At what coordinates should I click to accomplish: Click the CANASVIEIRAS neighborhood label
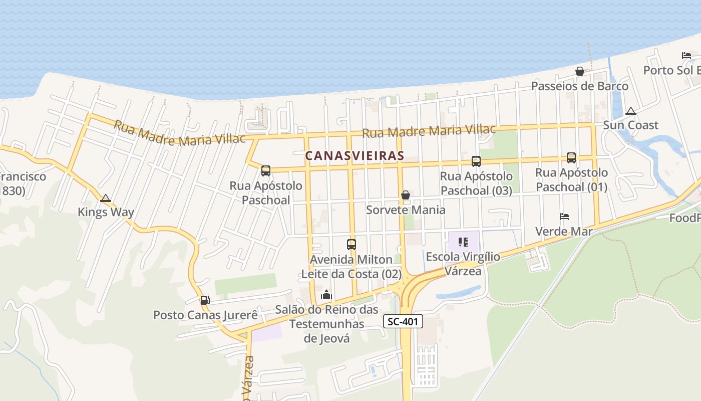coord(355,156)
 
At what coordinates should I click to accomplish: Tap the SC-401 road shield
coord(403,322)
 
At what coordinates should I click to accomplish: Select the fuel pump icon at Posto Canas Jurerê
coord(205,300)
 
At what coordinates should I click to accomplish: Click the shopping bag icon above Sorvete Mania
coord(406,194)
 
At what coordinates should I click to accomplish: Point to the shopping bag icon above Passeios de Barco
coord(580,71)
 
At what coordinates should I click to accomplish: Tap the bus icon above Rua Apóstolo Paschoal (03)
coord(476,161)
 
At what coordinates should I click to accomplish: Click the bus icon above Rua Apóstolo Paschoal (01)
coord(571,158)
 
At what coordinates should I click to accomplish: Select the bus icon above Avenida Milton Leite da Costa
coord(352,245)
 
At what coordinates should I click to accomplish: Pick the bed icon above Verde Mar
coord(564,217)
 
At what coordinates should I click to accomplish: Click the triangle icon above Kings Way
coord(105,198)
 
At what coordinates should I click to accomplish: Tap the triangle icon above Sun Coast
coord(631,111)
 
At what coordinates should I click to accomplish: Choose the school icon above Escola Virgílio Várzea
coord(463,242)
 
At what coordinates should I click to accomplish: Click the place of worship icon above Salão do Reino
coord(326,295)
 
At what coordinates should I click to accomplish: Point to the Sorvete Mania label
coord(406,210)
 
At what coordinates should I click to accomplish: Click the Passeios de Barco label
coord(579,86)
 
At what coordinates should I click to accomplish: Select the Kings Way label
coord(106,212)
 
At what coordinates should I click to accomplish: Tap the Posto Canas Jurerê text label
coord(205,315)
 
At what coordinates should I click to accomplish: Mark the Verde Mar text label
coord(564,232)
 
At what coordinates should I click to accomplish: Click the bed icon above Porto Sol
coord(686,56)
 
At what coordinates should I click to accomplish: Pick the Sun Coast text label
coord(630,125)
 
